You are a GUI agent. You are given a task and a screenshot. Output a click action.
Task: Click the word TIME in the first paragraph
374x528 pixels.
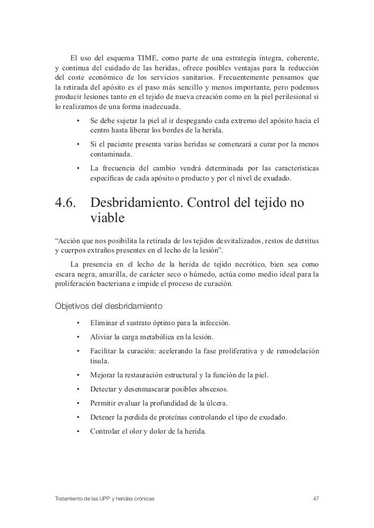click(x=149, y=57)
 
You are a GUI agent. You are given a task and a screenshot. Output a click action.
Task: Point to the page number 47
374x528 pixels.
click(x=316, y=498)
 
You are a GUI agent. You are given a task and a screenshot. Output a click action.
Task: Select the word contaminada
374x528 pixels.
click(x=111, y=155)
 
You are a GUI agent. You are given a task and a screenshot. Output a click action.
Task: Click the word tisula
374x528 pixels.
click(x=100, y=361)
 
